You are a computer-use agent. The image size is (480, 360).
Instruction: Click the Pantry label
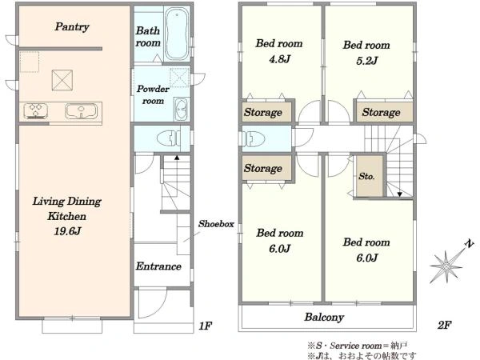[x=72, y=26]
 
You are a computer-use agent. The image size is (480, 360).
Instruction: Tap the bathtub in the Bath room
[x=177, y=34]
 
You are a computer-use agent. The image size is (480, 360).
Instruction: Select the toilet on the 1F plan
[x=168, y=138]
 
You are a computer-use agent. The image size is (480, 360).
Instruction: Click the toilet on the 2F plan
[x=253, y=138]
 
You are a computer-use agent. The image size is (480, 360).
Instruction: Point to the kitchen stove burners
[x=36, y=111]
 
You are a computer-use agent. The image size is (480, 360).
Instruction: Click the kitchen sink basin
[x=81, y=111]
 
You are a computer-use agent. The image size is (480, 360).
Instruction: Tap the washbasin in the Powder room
[x=182, y=110]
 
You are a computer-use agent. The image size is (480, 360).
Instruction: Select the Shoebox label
[x=216, y=224]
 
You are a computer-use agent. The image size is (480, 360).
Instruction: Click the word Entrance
[x=158, y=266]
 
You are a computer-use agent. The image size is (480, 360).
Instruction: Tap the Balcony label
[x=324, y=317]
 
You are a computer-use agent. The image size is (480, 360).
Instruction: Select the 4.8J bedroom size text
[x=279, y=58]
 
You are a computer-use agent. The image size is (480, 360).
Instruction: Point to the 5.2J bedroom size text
[x=366, y=60]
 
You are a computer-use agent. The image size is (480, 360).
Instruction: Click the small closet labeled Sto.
[x=370, y=176]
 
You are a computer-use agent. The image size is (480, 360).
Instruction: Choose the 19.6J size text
[x=67, y=231]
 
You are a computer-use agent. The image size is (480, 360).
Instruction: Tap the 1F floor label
[x=205, y=326]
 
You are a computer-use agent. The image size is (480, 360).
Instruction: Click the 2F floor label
[x=445, y=325]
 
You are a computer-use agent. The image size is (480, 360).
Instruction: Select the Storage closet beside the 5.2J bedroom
[x=384, y=112]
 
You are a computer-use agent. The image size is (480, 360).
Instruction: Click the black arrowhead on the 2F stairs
[x=399, y=194]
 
